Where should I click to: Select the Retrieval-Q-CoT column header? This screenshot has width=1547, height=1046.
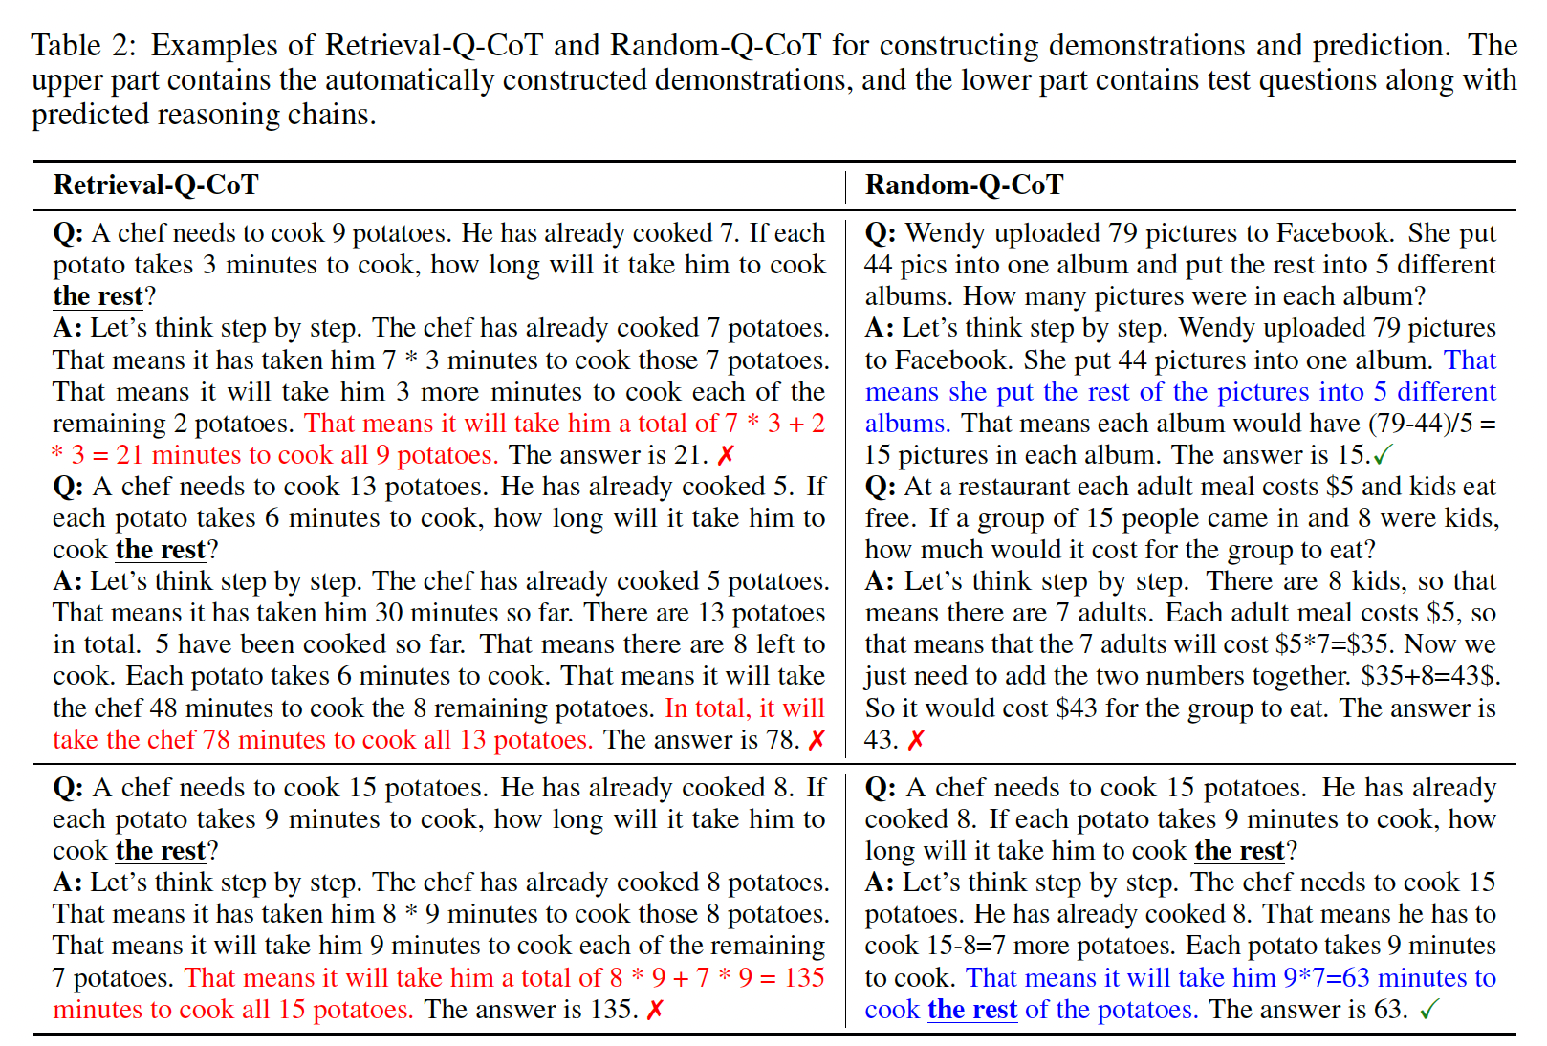[156, 185]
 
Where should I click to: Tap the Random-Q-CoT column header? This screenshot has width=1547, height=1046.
[964, 185]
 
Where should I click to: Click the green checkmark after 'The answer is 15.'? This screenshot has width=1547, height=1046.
[1384, 455]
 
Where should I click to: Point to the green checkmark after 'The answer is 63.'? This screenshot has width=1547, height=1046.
[1429, 1010]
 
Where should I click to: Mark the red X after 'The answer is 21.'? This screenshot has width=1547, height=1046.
[727, 455]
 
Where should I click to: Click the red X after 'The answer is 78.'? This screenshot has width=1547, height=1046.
[817, 740]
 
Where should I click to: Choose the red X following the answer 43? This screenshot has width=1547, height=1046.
[916, 740]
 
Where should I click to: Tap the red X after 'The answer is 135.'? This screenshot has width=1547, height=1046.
[655, 1010]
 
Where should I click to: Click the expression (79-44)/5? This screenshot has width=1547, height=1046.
[1419, 424]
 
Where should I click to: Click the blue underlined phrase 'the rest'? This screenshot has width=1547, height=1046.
[971, 1010]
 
